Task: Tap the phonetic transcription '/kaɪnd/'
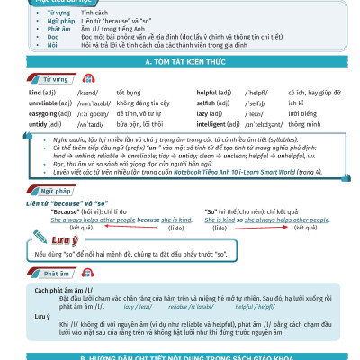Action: click(87, 93)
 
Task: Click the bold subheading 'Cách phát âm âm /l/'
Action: click(66, 292)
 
